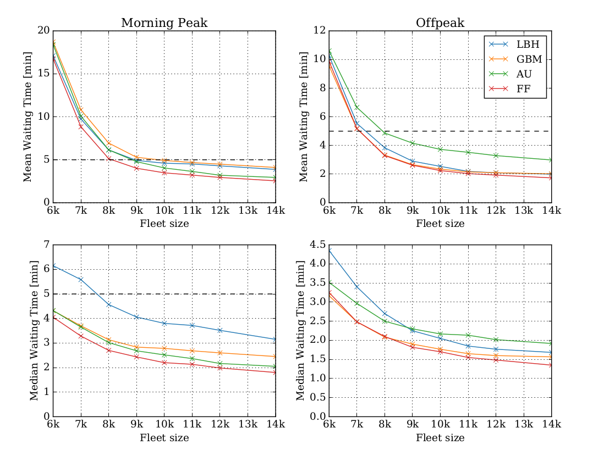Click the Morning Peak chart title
point(164,23)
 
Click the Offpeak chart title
point(440,23)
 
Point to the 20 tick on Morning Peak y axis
point(43,31)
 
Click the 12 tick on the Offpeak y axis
point(319,31)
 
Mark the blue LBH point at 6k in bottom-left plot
point(54,266)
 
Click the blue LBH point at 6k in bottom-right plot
point(330,250)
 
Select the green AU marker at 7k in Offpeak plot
point(357,107)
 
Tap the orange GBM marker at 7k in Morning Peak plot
point(81,110)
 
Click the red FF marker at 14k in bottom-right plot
point(551,365)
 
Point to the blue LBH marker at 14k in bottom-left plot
point(275,339)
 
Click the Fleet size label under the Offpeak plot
point(440,224)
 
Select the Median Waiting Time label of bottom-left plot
point(34,330)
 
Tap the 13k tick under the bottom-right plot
point(524,425)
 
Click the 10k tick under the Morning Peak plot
point(164,210)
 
